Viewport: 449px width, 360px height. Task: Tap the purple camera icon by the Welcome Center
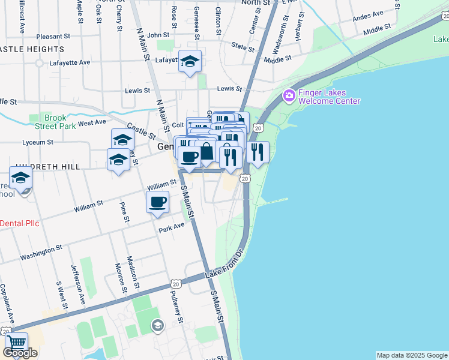coord(289,95)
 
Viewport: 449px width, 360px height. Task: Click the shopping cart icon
coord(16,344)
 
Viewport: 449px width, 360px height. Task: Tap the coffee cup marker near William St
coord(157,202)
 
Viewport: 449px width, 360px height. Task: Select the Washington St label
coord(41,252)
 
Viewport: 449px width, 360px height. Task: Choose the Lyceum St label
coord(37,143)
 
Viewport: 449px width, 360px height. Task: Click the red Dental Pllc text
coord(19,223)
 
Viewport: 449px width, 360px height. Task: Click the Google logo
coord(20,353)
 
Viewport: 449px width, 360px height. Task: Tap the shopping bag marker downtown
coord(205,152)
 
